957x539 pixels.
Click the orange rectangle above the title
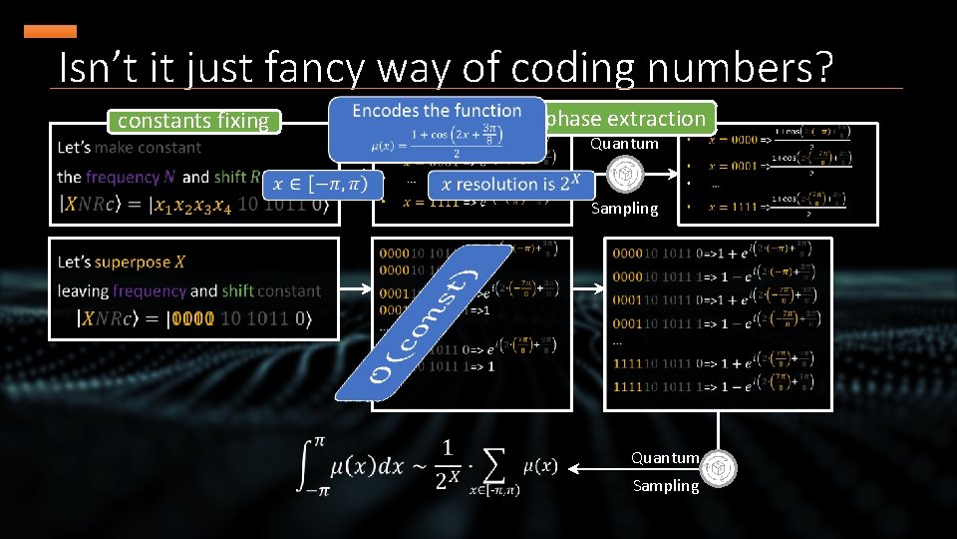[x=50, y=32]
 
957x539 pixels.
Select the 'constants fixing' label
[x=193, y=122]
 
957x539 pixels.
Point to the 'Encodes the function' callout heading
[x=437, y=111]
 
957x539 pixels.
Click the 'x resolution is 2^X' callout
[x=510, y=184]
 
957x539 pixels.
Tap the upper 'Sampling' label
[x=624, y=209]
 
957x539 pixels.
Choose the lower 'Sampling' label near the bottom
[x=665, y=486]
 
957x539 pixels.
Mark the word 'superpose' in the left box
[x=133, y=262]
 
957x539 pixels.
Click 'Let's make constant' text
[x=129, y=148]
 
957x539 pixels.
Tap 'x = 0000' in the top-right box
[x=731, y=140]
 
